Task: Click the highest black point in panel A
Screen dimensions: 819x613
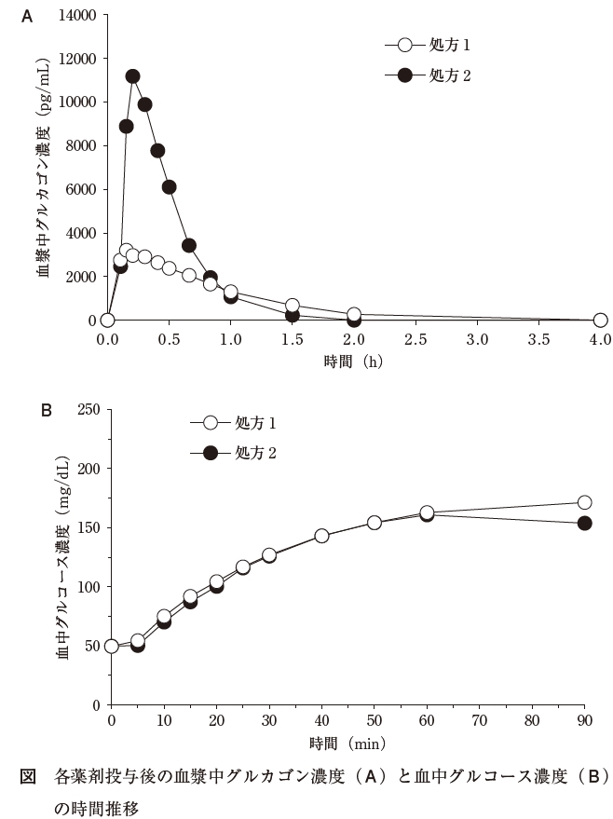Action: tap(132, 76)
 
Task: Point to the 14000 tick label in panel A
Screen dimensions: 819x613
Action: tap(77, 16)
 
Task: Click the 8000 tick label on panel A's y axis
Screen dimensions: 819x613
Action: tap(81, 146)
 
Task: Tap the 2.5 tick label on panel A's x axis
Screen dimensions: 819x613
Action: tap(415, 341)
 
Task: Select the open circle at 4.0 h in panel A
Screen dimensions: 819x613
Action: tap(600, 321)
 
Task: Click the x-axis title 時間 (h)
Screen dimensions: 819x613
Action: tap(354, 362)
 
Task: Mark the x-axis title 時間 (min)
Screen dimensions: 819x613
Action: tap(347, 746)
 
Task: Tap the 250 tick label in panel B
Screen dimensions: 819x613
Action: tap(89, 410)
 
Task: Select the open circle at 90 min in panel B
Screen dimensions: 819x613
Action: tap(585, 502)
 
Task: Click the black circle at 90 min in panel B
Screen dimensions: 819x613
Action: tap(585, 524)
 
